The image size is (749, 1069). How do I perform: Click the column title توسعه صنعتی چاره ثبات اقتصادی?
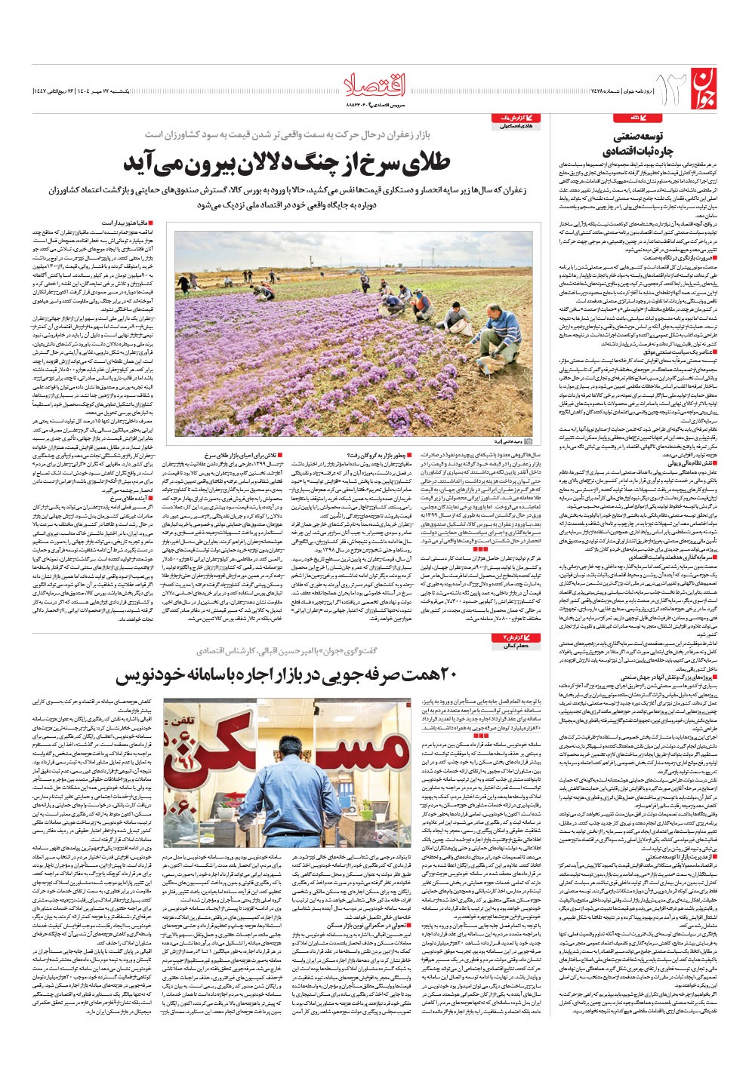coord(638,145)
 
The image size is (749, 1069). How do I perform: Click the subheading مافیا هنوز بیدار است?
coord(126,223)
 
